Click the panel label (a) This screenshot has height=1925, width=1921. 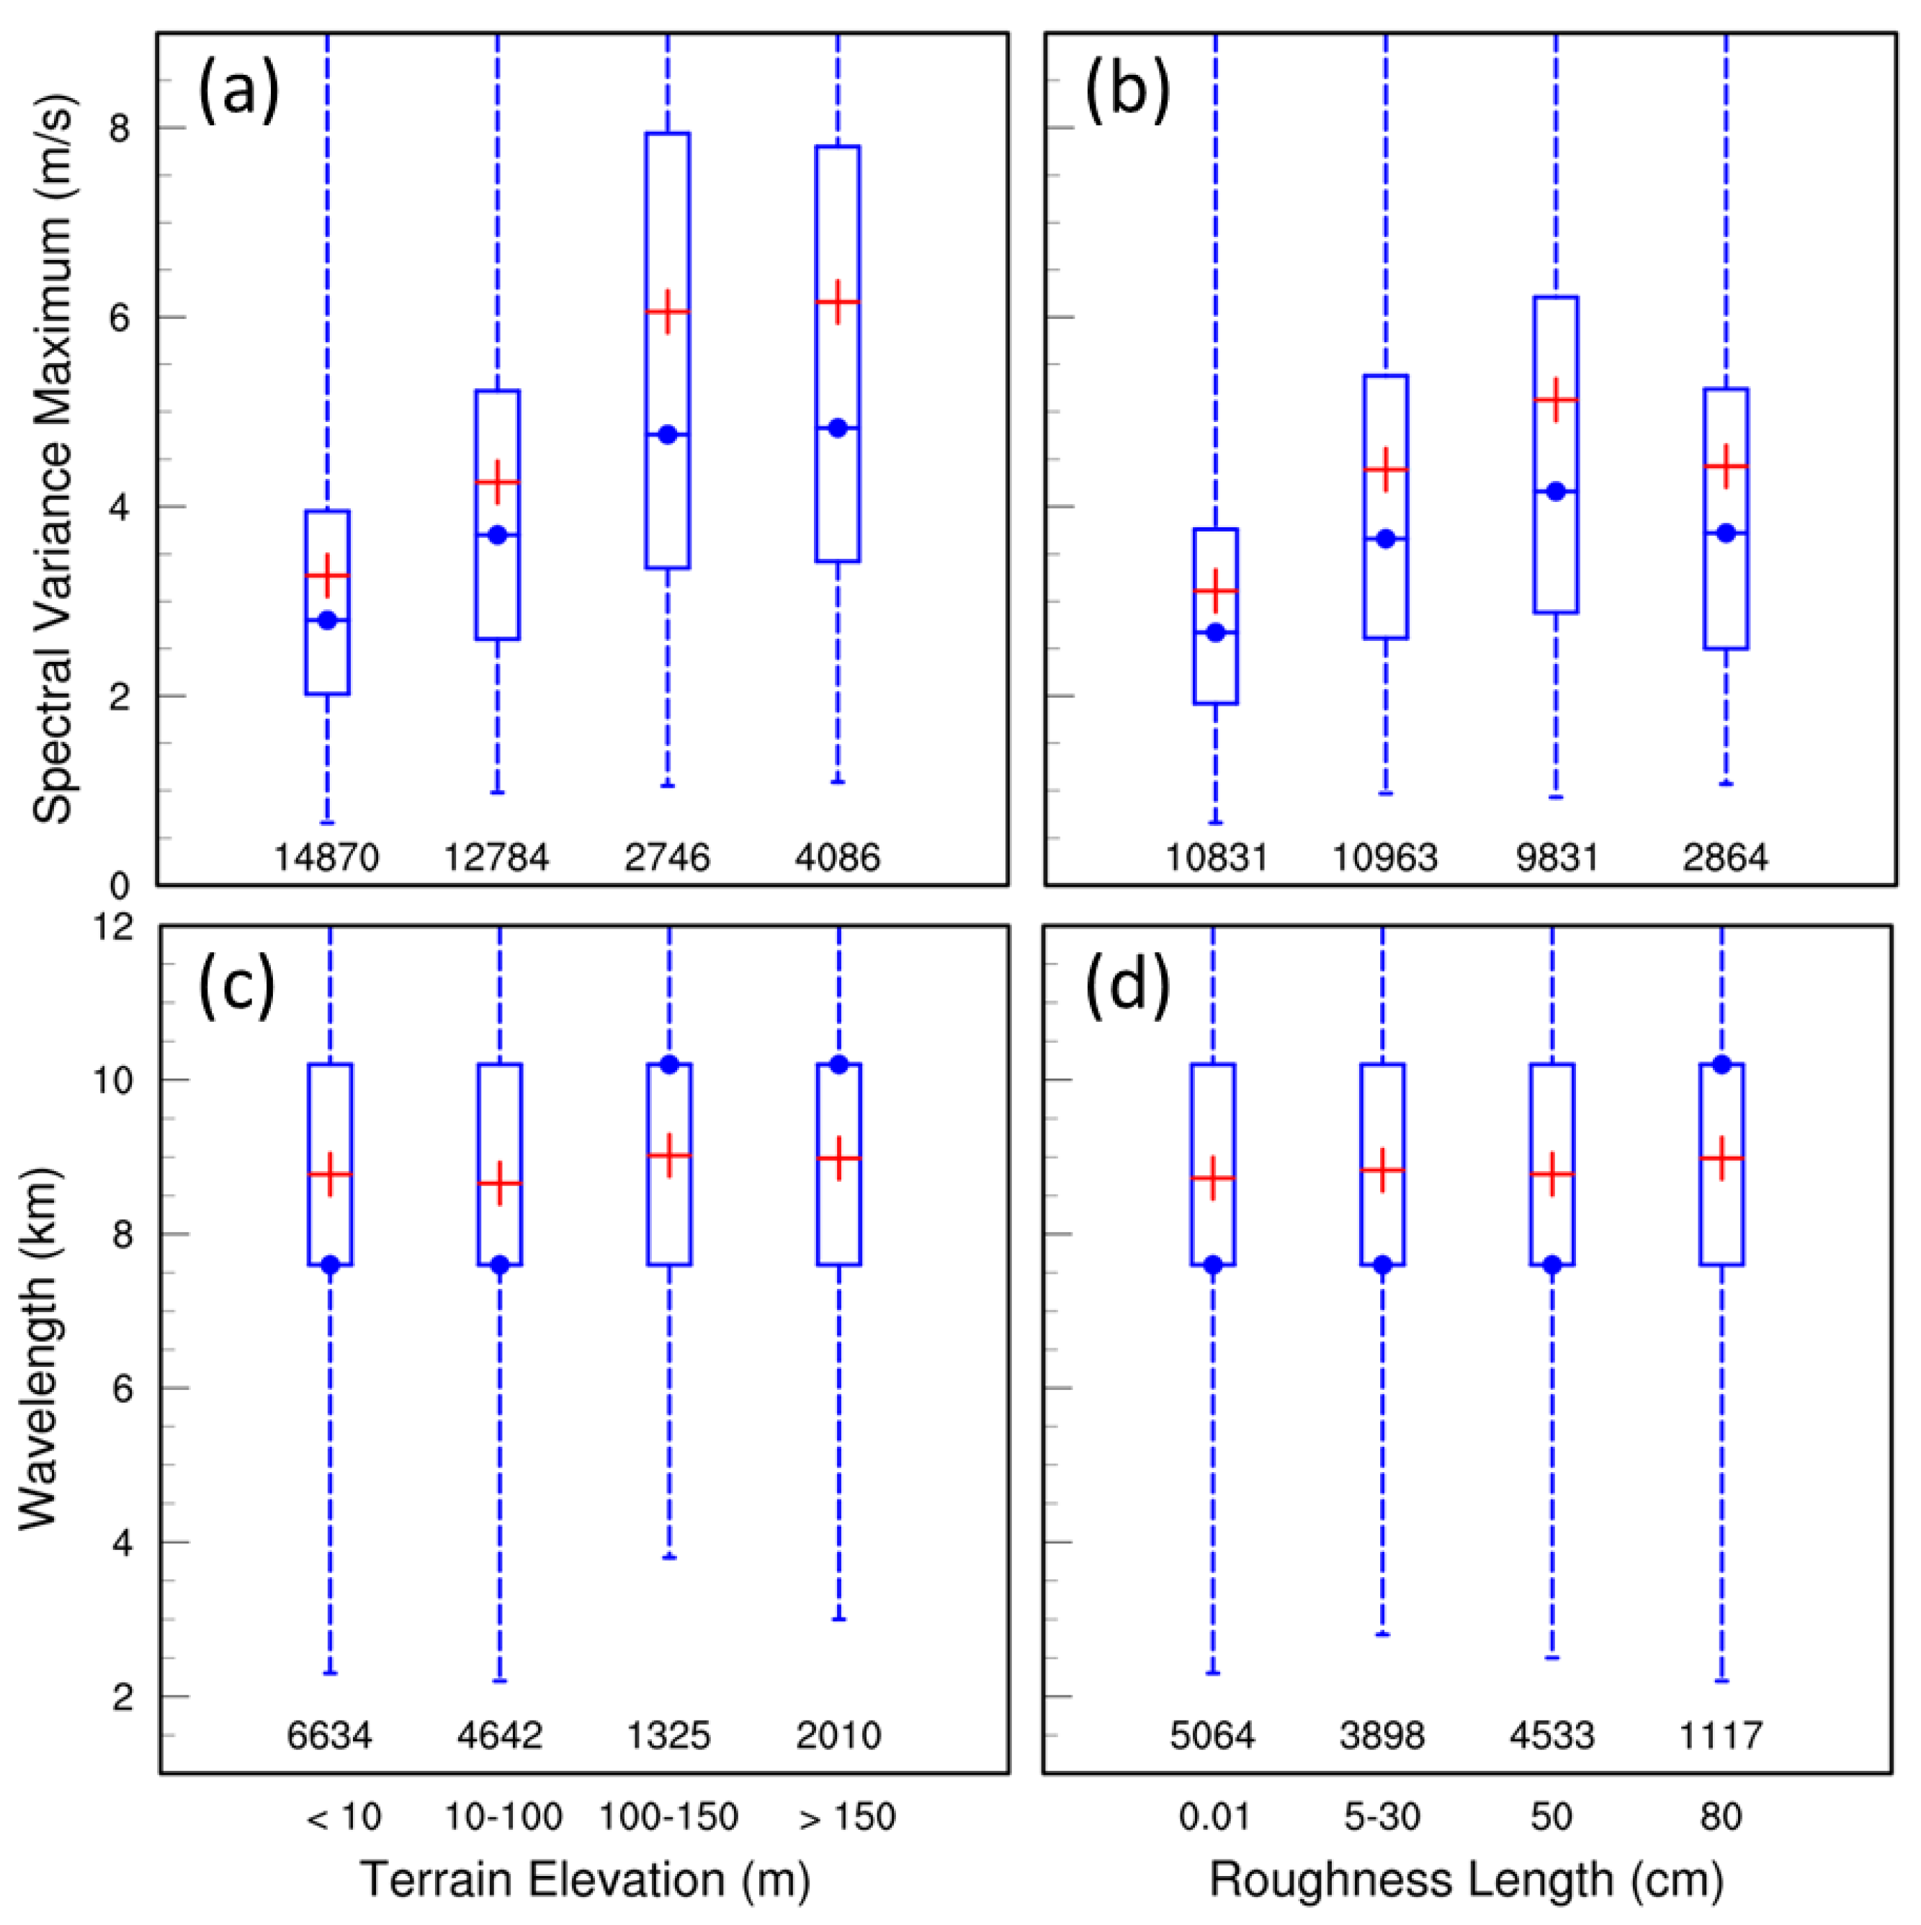[x=238, y=91]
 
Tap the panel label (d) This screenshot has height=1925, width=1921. [x=1127, y=987]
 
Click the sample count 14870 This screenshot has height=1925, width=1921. [x=327, y=857]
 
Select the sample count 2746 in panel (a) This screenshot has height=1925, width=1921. [x=668, y=857]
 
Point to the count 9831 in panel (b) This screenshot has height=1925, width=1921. [x=1557, y=857]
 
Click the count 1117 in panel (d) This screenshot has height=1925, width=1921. [x=1721, y=1736]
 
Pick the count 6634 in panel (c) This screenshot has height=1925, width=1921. [x=330, y=1736]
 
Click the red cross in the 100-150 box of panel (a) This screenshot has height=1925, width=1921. [x=668, y=312]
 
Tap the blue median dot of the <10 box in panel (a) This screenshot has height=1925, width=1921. [x=328, y=620]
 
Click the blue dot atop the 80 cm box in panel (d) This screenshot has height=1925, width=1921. [x=1721, y=1064]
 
